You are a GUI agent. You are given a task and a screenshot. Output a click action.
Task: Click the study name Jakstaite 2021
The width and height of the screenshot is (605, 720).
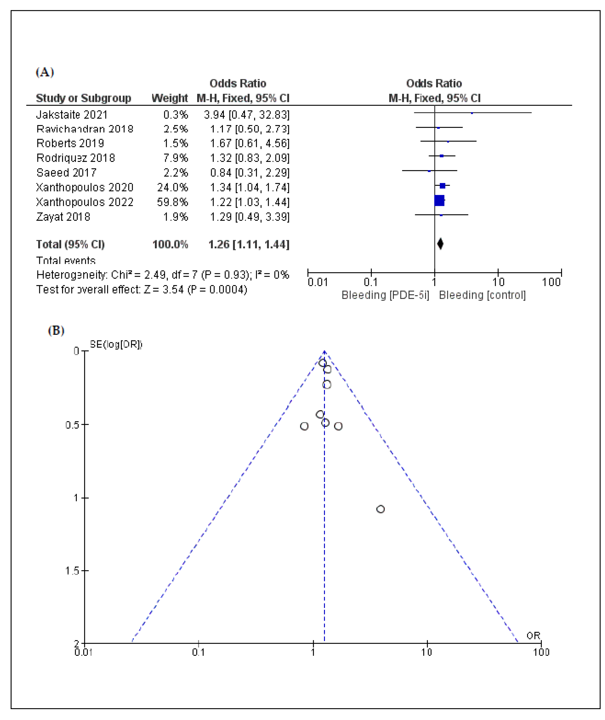[72, 114]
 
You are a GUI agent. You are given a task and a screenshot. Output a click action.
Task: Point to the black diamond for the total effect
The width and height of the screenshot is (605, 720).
[440, 244]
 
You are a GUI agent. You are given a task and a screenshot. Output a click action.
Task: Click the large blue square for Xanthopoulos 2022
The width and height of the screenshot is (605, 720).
[439, 200]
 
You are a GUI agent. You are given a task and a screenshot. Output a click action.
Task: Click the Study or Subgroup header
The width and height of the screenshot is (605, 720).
[83, 98]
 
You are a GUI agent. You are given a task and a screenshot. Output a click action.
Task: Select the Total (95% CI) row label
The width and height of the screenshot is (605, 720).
[70, 244]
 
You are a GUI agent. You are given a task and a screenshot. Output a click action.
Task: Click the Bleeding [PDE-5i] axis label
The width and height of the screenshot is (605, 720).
[385, 295]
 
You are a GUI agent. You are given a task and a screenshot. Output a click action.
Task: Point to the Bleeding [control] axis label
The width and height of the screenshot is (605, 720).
[482, 295]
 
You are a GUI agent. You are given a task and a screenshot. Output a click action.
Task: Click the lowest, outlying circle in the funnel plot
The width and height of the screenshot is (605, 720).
[380, 509]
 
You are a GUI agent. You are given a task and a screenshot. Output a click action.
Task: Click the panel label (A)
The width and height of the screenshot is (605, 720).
[45, 72]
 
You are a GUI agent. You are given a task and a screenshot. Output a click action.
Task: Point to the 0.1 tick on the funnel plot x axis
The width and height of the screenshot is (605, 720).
[198, 652]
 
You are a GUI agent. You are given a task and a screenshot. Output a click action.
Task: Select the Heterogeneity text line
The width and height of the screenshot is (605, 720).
[162, 275]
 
